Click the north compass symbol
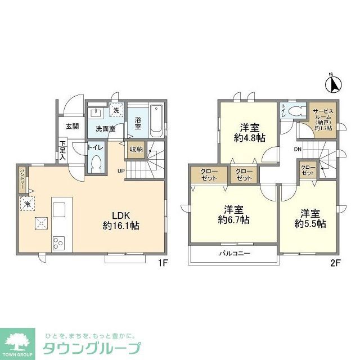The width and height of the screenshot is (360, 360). [x=332, y=85]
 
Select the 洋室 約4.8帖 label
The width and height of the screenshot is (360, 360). [x=247, y=132]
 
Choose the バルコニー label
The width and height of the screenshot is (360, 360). [x=234, y=254]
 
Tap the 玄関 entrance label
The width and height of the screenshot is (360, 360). [x=71, y=126]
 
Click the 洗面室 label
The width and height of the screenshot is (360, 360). [x=105, y=128]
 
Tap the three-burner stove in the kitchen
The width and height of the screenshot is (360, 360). [x=59, y=243]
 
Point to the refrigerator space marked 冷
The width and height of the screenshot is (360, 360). [x=26, y=204]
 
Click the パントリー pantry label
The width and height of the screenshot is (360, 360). [x=22, y=178]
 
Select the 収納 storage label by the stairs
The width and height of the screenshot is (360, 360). [x=136, y=149]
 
